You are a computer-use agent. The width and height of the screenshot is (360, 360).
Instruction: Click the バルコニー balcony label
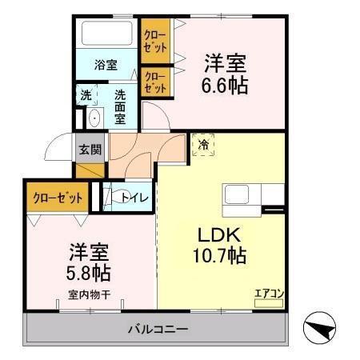158,329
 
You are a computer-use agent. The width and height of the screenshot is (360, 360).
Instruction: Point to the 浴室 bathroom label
106,64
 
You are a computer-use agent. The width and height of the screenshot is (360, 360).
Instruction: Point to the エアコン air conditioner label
268,293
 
